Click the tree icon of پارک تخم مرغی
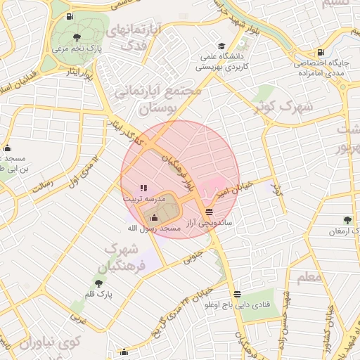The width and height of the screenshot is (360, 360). (x=77, y=37)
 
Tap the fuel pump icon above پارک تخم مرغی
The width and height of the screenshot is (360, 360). (x=68, y=17)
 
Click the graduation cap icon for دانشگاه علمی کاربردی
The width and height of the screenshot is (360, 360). (x=221, y=44)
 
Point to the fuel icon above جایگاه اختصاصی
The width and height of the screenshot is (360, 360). (x=321, y=51)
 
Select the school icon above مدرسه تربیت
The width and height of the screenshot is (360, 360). (x=143, y=188)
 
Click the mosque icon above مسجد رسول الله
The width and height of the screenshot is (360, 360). (x=154, y=217)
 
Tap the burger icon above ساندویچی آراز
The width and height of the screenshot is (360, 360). (x=209, y=212)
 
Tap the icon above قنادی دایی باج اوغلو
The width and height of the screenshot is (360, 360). (x=238, y=294)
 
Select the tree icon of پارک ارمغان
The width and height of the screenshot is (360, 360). (x=347, y=220)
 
